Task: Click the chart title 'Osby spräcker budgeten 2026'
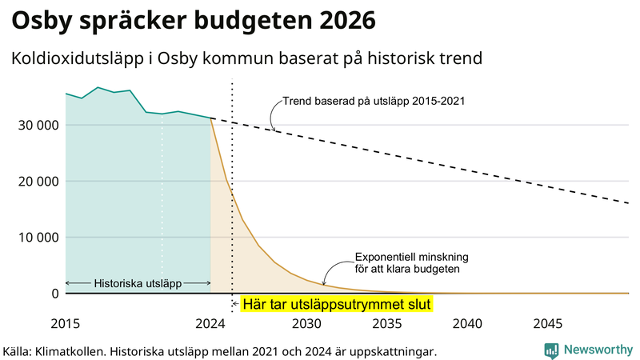(x=192, y=19)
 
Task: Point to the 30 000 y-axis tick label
(x=36, y=125)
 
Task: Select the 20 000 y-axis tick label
(x=36, y=181)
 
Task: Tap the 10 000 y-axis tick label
(x=36, y=237)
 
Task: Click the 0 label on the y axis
(x=55, y=294)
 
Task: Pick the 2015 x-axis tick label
(x=66, y=324)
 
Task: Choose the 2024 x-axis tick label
(x=210, y=324)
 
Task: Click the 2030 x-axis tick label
(x=306, y=324)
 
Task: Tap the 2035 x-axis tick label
(x=387, y=324)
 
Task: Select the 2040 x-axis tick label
(x=467, y=324)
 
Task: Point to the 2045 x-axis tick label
(x=548, y=324)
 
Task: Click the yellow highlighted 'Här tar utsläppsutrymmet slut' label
(x=336, y=305)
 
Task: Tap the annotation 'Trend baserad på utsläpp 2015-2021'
(x=374, y=102)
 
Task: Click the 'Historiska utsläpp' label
(x=138, y=283)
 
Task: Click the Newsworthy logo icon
(x=551, y=350)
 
